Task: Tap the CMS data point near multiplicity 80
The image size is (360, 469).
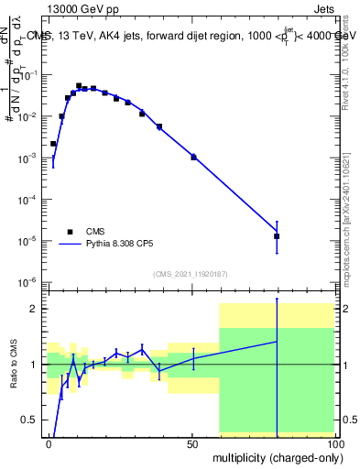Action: pos(277,236)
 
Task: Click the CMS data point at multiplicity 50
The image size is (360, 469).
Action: pos(193,157)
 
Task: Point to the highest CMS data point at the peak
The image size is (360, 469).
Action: pos(79,85)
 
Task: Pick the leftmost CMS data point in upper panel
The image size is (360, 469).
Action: pos(53,144)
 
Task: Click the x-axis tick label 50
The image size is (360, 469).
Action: pos(192,442)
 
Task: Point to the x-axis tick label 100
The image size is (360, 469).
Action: pos(333,442)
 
